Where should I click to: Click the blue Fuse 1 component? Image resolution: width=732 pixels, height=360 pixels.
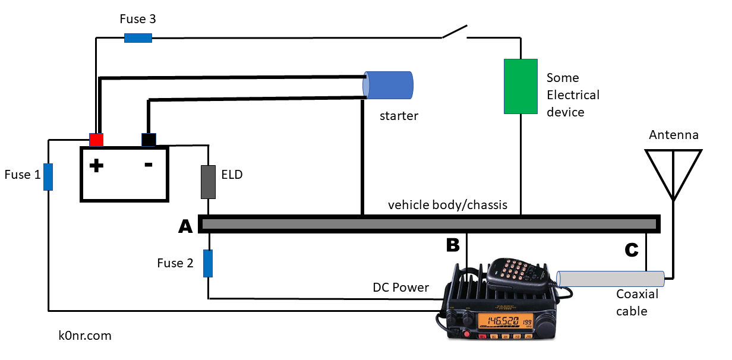[48, 177]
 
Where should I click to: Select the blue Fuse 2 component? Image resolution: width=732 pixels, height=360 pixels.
[208, 263]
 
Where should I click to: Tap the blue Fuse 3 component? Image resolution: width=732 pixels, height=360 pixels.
[138, 38]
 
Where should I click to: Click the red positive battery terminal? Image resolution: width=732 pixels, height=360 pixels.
[96, 140]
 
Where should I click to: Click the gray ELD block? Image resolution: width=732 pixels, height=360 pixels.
[208, 182]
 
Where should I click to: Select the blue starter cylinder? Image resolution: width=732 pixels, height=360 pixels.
[389, 85]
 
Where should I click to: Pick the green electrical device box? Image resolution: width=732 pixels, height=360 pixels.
[520, 86]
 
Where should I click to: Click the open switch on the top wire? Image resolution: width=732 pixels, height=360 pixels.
[455, 32]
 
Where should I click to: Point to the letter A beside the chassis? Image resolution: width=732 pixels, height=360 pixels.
[185, 226]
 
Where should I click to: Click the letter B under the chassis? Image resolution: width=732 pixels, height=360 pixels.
[453, 245]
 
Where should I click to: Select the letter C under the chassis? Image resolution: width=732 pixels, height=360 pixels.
[631, 251]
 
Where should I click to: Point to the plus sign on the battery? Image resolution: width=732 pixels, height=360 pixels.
[96, 166]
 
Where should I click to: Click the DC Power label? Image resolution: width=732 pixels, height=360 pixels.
[400, 288]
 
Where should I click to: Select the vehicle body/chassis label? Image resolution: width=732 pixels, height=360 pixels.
[447, 205]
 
